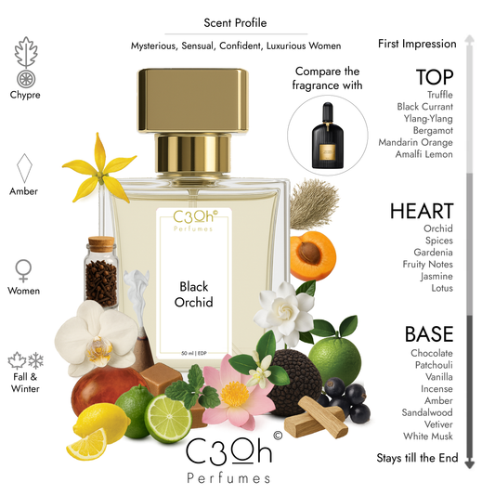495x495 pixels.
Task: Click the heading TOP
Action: pos(435,77)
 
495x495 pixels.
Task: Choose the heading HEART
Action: pos(423,211)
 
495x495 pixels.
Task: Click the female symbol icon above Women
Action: pos(25,269)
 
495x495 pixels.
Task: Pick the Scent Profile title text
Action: pos(235,24)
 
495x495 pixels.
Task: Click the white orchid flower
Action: pos(96,332)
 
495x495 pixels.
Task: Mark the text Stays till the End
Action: pos(417,458)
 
